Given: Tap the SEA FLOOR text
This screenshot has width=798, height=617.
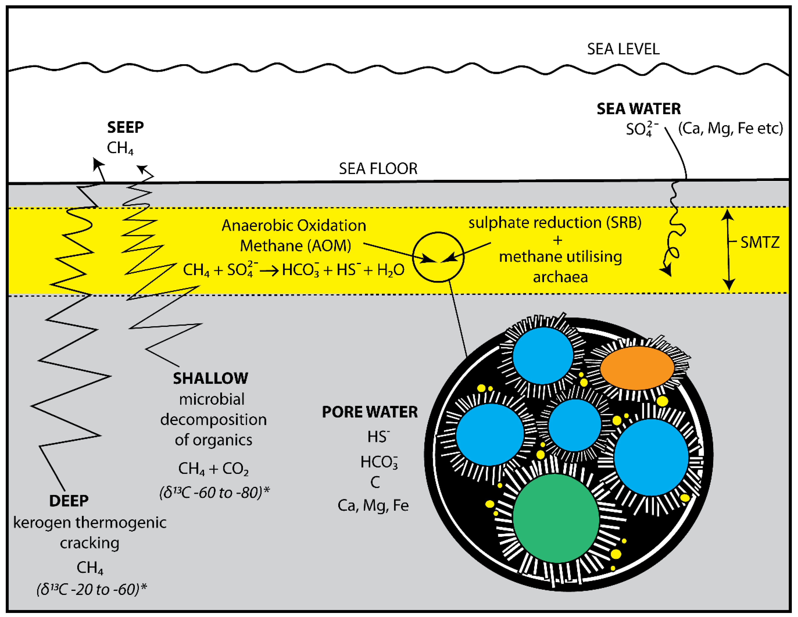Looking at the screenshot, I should (x=378, y=169).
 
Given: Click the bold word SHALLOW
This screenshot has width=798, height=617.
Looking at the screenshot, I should (x=210, y=378).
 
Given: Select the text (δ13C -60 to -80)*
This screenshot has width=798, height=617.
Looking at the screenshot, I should (x=215, y=493).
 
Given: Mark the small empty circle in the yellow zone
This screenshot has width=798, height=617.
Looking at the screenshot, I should (x=438, y=257).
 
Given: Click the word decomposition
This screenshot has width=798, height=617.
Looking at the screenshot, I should (x=213, y=419).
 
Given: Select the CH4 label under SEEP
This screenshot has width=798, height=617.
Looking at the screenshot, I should (x=120, y=148).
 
